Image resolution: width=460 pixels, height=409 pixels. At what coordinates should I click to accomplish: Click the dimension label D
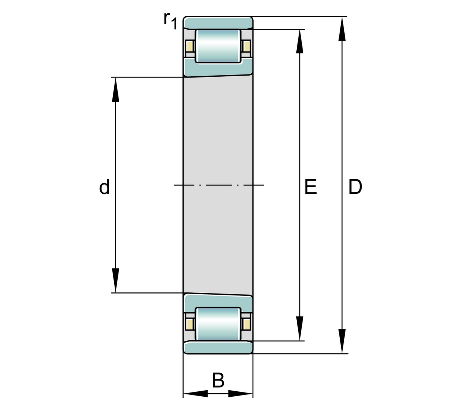[355, 187]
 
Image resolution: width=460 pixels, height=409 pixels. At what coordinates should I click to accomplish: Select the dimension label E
[310, 187]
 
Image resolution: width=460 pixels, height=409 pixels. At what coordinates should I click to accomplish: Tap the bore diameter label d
[104, 187]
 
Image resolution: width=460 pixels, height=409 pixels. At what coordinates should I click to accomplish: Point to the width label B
[218, 381]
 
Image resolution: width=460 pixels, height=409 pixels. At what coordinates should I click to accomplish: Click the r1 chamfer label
[170, 21]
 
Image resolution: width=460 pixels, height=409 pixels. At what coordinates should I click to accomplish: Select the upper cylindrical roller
[218, 46]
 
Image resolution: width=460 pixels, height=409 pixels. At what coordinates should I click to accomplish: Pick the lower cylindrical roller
[218, 324]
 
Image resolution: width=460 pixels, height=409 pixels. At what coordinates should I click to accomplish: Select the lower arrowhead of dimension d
[115, 280]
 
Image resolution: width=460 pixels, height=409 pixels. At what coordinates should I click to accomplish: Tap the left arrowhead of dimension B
[195, 394]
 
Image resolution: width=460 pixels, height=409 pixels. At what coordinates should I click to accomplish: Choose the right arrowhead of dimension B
[241, 394]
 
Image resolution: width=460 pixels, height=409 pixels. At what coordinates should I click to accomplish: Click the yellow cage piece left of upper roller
[189, 46]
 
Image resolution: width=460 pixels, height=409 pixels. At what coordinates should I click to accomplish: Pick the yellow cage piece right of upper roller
[247, 46]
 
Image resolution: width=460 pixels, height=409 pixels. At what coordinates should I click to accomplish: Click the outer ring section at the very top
[218, 23]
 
